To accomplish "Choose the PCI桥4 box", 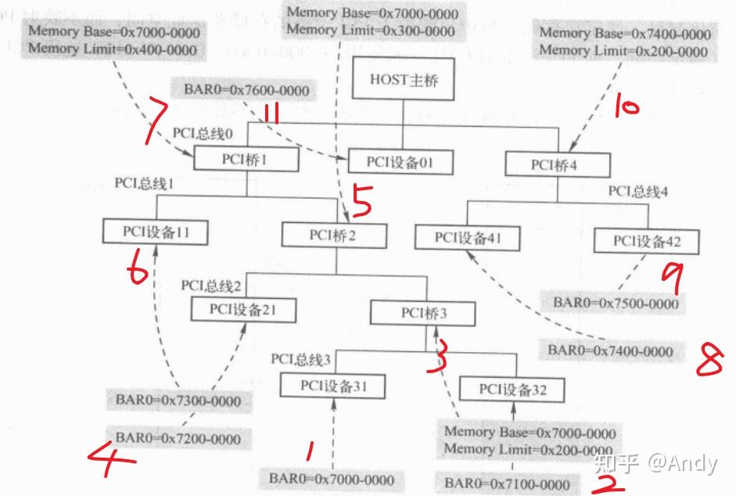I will (558, 164).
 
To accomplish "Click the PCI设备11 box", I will (156, 232).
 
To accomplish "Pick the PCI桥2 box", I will (334, 235).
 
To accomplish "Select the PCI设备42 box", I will (646, 241).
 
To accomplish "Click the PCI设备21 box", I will (243, 309).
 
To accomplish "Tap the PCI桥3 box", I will (422, 313).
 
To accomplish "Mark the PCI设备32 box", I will (512, 389).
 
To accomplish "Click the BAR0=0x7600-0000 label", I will (246, 91).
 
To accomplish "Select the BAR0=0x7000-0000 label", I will (332, 478).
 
